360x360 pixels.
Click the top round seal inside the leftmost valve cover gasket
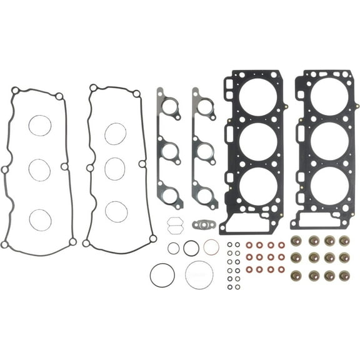pyautogui.click(x=40, y=125)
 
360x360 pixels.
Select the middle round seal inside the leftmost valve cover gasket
pyautogui.click(x=40, y=169)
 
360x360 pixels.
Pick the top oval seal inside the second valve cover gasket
pyautogui.click(x=116, y=132)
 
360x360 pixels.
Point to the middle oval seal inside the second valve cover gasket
pyautogui.click(x=116, y=168)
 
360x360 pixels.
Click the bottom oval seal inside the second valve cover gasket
pyautogui.click(x=116, y=211)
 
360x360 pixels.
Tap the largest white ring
pyautogui.click(x=199, y=274)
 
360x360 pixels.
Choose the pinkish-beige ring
pyautogui.click(x=211, y=247)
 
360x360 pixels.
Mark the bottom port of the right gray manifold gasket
pyautogui.click(x=204, y=194)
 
